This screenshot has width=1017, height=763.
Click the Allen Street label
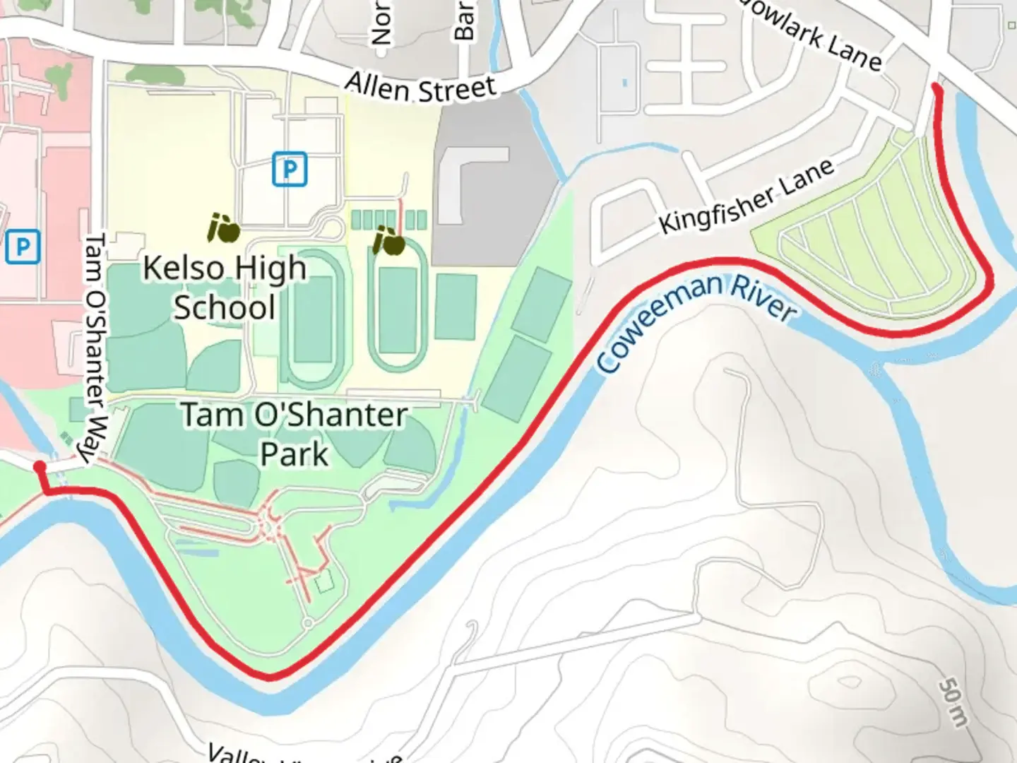(x=421, y=88)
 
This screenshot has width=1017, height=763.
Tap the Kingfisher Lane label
(x=746, y=197)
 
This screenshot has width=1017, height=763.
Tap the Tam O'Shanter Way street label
(x=95, y=350)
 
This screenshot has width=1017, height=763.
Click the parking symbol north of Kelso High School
(x=290, y=170)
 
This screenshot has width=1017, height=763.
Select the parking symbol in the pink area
(x=22, y=247)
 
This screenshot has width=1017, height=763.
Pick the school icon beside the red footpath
(x=389, y=242)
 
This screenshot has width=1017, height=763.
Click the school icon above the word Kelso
(x=224, y=228)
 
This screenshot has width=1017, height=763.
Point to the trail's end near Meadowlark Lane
(x=936, y=88)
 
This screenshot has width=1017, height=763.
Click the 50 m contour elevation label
(x=953, y=703)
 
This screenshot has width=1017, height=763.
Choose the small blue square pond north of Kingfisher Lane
(x=624, y=83)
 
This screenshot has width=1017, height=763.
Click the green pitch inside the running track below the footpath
(x=397, y=311)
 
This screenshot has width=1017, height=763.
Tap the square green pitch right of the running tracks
(x=456, y=307)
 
